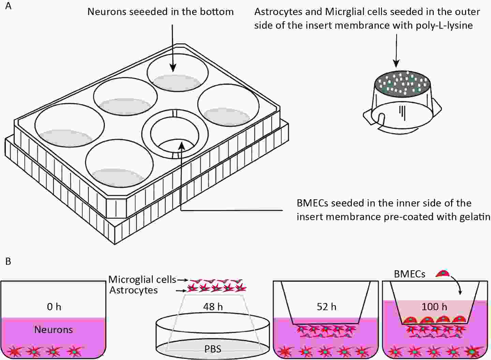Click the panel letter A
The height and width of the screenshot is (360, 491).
click(x=8, y=6)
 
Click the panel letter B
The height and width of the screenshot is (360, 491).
click(x=8, y=261)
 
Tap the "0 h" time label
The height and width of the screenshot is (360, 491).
click(x=54, y=306)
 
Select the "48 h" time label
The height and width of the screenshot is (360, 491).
click(x=213, y=306)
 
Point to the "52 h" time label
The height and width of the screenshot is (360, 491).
click(x=326, y=306)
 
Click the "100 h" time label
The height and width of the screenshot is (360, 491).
click(x=434, y=306)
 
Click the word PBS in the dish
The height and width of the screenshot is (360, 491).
click(x=213, y=349)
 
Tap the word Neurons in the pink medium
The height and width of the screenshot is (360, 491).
click(x=54, y=330)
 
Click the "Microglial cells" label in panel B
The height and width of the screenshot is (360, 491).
click(x=142, y=279)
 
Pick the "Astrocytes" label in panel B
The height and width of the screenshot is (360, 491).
click(x=134, y=290)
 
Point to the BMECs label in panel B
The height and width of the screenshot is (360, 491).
click(x=410, y=274)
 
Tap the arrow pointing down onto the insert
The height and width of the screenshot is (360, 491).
click(x=396, y=51)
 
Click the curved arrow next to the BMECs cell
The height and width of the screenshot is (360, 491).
click(x=457, y=283)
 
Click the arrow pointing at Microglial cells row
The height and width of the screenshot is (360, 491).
click(x=183, y=280)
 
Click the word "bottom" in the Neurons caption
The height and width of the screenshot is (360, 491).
click(x=217, y=12)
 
